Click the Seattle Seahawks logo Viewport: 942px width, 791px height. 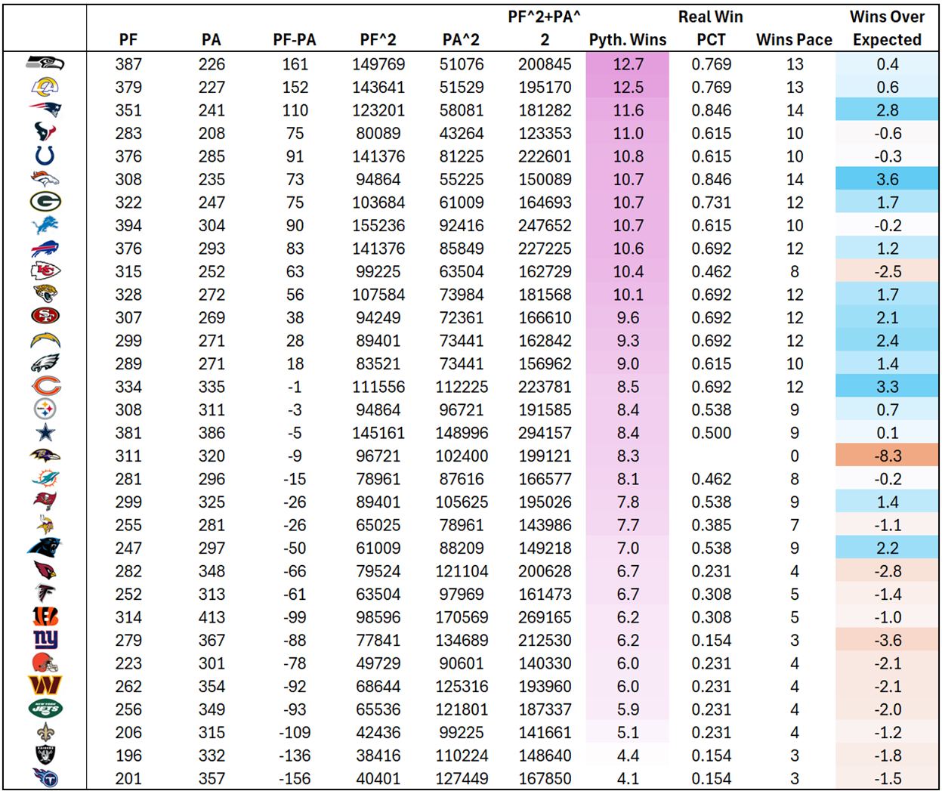(45, 64)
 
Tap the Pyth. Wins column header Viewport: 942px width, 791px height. (628, 40)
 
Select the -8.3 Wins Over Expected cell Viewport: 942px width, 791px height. (887, 456)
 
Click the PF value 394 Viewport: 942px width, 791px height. (128, 225)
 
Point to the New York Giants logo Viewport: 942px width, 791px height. (45, 640)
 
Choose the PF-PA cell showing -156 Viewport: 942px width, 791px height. (295, 778)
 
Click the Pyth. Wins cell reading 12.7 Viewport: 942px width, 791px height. (628, 64)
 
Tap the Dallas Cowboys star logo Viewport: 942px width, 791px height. (45, 433)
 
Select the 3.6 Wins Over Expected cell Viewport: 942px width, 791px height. (887, 179)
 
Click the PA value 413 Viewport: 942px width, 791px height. (212, 617)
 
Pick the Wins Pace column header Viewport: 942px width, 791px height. (794, 40)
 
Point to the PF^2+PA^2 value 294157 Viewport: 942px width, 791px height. (545, 433)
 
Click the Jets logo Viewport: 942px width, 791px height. (45, 709)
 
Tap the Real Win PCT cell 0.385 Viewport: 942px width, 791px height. (711, 525)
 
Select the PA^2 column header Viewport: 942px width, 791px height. (462, 40)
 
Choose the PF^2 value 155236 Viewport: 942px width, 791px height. (378, 225)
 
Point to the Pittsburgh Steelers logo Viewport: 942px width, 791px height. (45, 409)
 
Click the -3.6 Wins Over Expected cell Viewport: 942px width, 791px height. (887, 640)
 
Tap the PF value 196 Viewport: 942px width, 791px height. (128, 755)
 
